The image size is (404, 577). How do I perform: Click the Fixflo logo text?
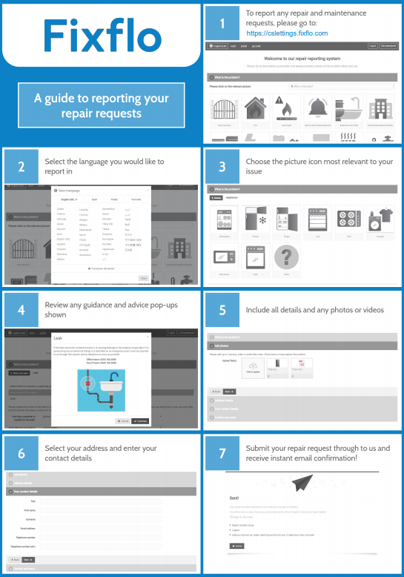pyautogui.click(x=101, y=35)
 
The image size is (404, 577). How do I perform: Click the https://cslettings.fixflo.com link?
pyautogui.click(x=286, y=33)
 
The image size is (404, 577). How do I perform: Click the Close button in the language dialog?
pyautogui.click(x=142, y=277)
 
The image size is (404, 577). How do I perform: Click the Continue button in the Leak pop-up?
pyautogui.click(x=140, y=420)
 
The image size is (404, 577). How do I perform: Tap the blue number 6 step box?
pyautogui.click(x=21, y=454)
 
